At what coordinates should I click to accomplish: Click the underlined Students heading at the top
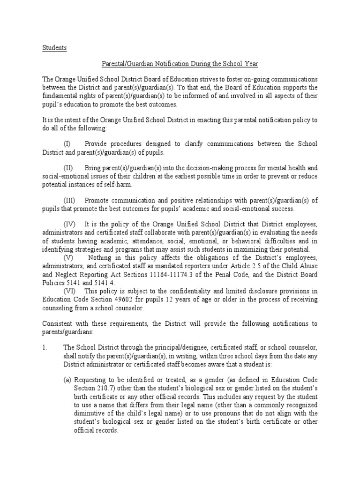tap(55, 48)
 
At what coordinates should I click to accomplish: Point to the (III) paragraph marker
tap(70, 200)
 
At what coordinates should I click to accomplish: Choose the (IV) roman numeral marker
tap(70, 225)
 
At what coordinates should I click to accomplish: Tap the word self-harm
tap(118, 184)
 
